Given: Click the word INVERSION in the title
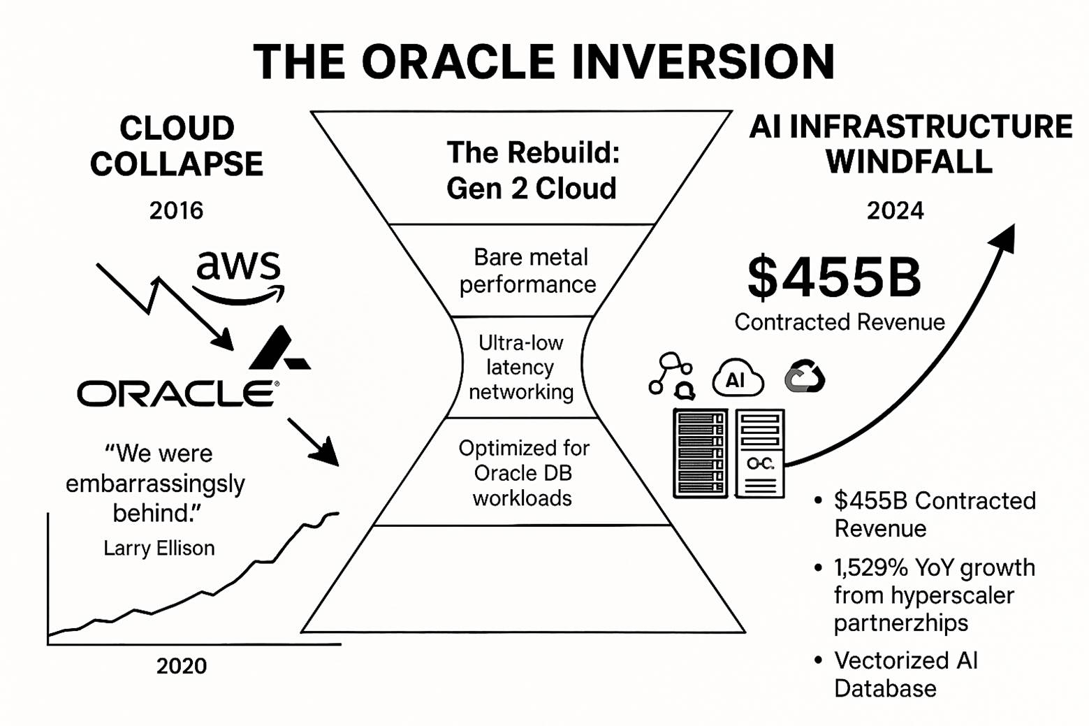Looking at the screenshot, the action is click(703, 61).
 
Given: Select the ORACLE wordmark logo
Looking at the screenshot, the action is click(178, 393).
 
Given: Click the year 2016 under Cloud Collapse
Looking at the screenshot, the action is click(176, 210).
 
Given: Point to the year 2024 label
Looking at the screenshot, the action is click(895, 211).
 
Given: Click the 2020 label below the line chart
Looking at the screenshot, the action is click(182, 666).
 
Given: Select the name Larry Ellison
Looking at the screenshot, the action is click(159, 548).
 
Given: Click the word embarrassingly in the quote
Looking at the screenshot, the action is click(155, 484).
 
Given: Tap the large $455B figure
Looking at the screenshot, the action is click(834, 277).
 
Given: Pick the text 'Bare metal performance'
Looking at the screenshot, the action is click(529, 271).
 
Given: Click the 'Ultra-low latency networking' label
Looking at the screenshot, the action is click(520, 367).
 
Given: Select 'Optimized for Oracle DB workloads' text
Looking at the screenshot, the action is click(524, 472).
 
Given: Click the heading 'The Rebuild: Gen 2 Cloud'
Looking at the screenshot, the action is click(532, 170).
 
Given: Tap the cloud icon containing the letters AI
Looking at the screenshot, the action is click(738, 378).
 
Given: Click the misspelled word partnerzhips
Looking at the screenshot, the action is click(901, 623).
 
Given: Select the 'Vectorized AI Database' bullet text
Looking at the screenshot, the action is click(906, 674).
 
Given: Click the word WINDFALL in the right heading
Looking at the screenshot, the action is click(909, 161).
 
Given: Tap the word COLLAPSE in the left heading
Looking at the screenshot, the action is click(177, 164).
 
